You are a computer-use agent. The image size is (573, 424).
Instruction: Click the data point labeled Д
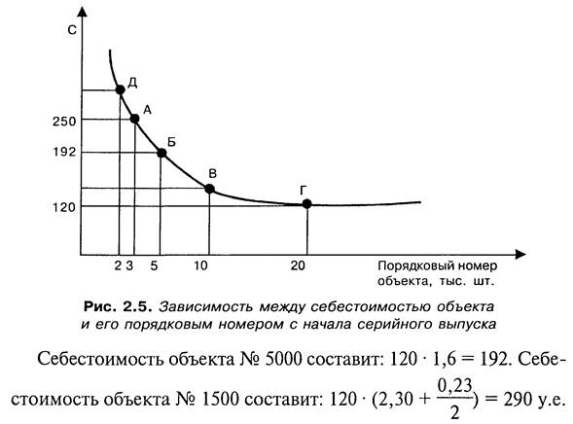coord(120,89)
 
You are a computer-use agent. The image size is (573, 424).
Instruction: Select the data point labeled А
coord(134,119)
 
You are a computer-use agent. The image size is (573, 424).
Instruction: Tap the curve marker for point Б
coord(161,153)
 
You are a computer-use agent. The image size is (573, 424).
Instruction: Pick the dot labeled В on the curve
coord(209,189)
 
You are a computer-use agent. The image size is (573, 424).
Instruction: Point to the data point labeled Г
coord(307,204)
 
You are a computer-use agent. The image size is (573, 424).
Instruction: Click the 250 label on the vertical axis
coord(64,122)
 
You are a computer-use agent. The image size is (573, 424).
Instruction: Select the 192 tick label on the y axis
coord(64,152)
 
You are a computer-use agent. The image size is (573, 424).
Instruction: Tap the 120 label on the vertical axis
coord(64,207)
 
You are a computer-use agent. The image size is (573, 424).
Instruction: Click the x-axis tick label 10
coord(200,265)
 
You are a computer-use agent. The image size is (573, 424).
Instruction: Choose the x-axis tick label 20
coord(298,265)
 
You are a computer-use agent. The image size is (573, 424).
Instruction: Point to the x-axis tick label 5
coord(154,265)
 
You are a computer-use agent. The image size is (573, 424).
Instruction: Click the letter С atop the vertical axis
coord(72,29)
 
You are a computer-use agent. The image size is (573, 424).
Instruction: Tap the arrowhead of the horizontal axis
coord(520,254)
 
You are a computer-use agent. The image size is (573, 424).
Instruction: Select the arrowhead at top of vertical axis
coord(83,12)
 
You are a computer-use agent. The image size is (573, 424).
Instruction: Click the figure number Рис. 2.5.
coord(118,306)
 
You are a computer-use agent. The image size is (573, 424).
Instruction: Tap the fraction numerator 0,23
coord(454,386)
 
